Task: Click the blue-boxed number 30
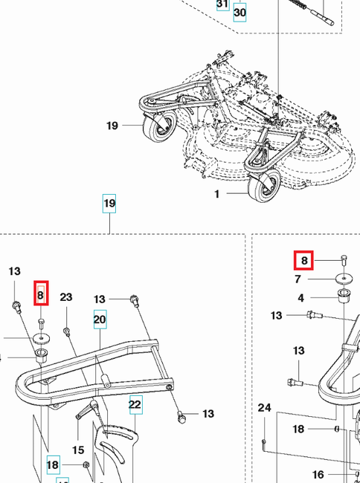[x=240, y=13]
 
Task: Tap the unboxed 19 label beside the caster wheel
[x=112, y=126]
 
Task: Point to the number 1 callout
[x=217, y=194]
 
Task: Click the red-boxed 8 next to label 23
[x=42, y=295]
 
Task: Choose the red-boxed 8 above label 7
[x=304, y=261]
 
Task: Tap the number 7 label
[x=298, y=279]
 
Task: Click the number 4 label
[x=301, y=298]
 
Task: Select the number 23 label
[x=66, y=297]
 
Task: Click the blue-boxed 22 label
[x=135, y=404]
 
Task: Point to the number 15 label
[x=77, y=450]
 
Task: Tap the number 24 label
[x=265, y=408]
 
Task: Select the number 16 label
[x=318, y=473]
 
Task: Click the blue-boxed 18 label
[x=53, y=465]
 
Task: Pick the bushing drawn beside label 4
[x=344, y=297]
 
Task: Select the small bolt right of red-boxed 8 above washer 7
[x=344, y=259]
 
